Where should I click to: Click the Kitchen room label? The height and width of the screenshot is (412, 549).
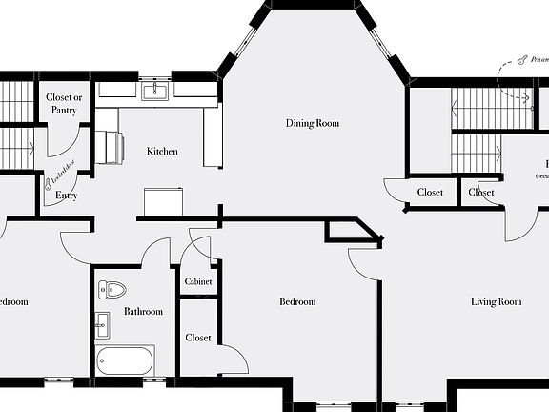[161, 152]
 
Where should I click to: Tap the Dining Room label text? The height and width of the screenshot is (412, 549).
[313, 123]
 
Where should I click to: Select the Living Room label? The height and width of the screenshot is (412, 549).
[496, 302]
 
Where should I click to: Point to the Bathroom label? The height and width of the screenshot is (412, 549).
[143, 312]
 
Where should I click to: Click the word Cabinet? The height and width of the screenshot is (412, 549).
[197, 282]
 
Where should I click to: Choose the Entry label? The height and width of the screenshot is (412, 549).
[66, 196]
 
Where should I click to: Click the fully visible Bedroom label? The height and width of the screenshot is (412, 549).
[296, 302]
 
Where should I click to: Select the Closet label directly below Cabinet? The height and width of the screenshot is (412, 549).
[197, 338]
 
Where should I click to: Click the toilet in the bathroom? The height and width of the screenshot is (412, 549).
[112, 289]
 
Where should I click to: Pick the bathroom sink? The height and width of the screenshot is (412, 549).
[102, 325]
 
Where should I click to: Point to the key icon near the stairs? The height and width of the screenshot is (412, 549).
[523, 60]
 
